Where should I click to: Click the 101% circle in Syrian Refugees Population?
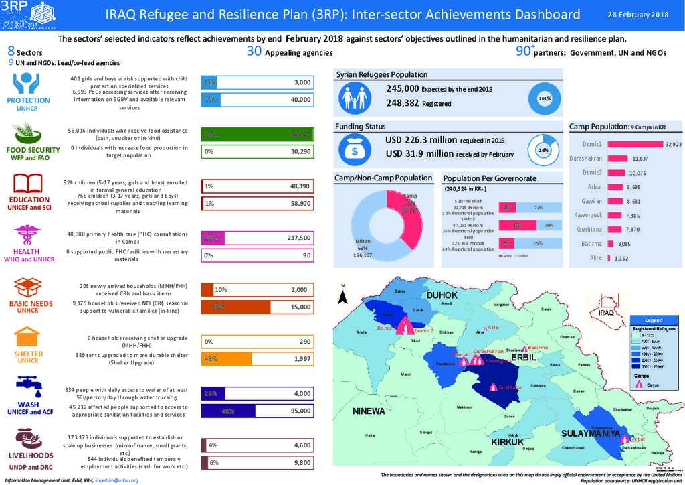point(544,98)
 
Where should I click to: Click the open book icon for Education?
point(28,182)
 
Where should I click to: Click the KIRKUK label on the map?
point(506,443)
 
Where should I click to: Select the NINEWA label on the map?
point(369,410)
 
